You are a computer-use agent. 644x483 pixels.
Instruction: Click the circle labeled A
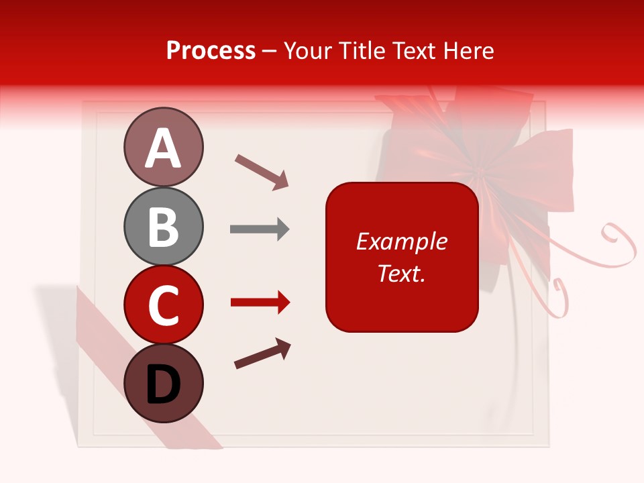pyautogui.click(x=163, y=148)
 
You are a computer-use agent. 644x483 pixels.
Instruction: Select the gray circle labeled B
pyautogui.click(x=163, y=226)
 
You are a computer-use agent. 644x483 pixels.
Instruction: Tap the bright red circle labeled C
pyautogui.click(x=163, y=305)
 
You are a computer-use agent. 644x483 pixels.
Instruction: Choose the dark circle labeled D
pyautogui.click(x=163, y=383)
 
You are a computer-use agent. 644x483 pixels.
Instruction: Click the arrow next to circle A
pyautogui.click(x=262, y=172)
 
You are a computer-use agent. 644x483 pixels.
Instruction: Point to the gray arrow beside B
pyautogui.click(x=260, y=229)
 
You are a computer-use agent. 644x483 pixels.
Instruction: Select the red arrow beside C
pyautogui.click(x=260, y=303)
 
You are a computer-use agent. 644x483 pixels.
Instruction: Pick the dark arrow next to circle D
pyautogui.click(x=263, y=354)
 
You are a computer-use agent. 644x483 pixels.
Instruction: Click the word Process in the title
pyautogui.click(x=211, y=51)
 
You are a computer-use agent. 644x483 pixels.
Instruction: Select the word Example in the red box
pyautogui.click(x=402, y=241)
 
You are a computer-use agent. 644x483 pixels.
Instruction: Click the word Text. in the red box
pyautogui.click(x=402, y=273)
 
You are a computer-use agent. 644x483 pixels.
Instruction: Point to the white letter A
pyautogui.click(x=163, y=149)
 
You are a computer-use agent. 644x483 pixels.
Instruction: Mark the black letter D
pyautogui.click(x=163, y=385)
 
